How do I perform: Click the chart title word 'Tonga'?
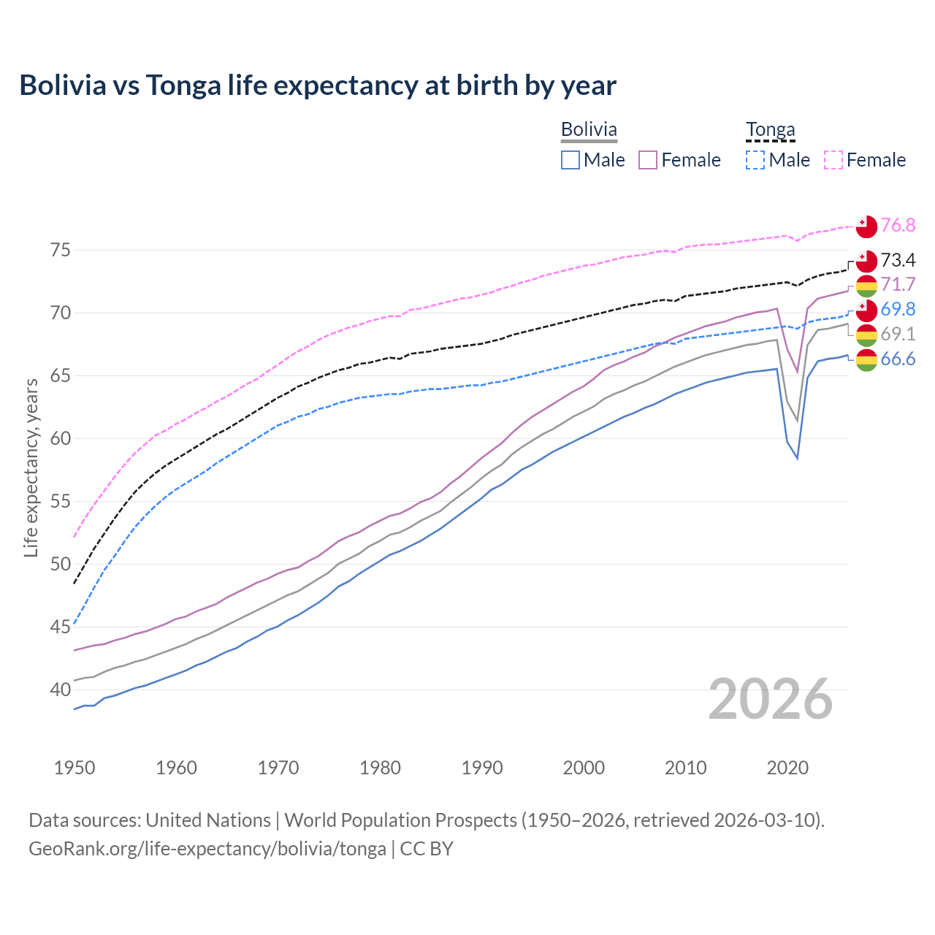point(183,85)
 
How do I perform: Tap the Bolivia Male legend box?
point(570,160)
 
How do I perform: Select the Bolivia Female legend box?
point(648,160)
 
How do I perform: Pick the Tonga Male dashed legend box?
point(756,160)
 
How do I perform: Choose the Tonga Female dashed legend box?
point(833,160)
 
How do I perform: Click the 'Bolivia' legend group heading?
point(589,129)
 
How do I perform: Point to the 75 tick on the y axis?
point(61,250)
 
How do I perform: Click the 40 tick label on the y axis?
point(61,690)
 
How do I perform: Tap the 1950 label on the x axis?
point(75,768)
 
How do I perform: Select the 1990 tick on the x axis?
point(482,768)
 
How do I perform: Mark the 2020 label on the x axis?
point(787,768)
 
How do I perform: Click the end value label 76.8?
point(898,225)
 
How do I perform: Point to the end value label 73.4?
point(898,260)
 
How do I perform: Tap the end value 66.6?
point(898,359)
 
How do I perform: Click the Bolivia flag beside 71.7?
point(866,286)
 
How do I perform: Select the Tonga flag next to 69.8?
point(866,310)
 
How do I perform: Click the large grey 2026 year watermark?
point(770,699)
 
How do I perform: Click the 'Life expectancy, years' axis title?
point(31,467)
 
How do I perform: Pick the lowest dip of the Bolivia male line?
point(797,458)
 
